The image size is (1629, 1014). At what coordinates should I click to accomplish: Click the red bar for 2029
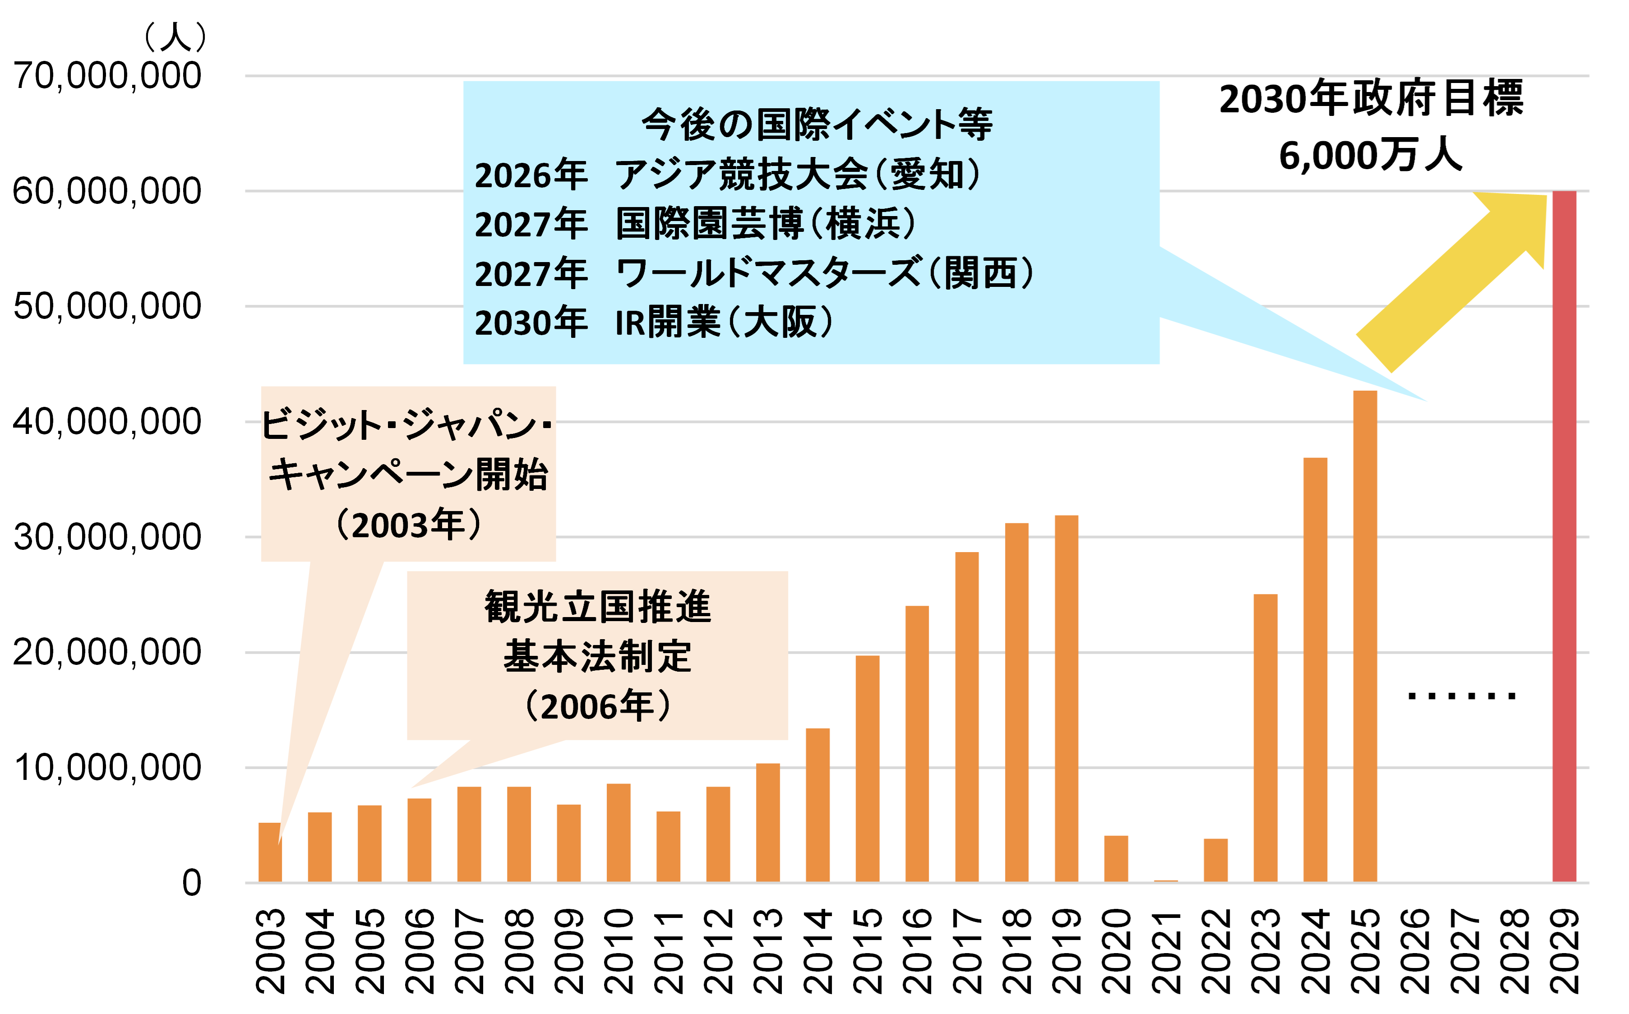pos(1564,536)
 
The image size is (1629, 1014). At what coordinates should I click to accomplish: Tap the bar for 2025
pos(1365,636)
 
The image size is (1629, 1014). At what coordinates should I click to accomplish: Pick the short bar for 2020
pos(1116,859)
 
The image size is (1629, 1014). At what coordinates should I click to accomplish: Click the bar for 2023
pos(1265,737)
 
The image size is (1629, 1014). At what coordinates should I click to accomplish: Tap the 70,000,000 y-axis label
pos(107,75)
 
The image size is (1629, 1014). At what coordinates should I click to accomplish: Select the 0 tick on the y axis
pos(191,883)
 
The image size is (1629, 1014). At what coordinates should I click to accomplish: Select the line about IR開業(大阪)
pos(654,323)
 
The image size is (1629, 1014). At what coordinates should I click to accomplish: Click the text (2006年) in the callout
pos(597,706)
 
